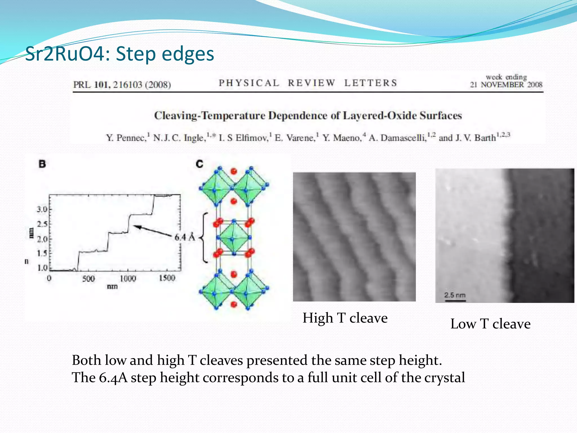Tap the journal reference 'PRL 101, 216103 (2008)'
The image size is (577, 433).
click(x=122, y=85)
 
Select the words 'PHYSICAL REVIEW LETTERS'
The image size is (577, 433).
click(x=308, y=83)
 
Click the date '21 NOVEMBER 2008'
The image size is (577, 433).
click(x=506, y=85)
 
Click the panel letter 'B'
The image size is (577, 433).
click(x=42, y=164)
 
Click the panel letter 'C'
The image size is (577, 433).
click(x=199, y=164)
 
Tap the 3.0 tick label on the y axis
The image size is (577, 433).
click(x=42, y=209)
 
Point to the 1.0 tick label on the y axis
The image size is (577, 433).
click(x=43, y=268)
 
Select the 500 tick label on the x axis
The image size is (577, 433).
click(x=88, y=279)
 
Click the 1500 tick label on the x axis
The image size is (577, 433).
click(x=167, y=278)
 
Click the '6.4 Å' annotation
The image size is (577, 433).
click(x=185, y=237)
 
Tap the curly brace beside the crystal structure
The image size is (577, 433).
click(x=204, y=238)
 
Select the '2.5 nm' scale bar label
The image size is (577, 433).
click(x=455, y=295)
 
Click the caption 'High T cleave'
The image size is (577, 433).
click(x=345, y=318)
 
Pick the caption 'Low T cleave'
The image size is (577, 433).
click(x=490, y=324)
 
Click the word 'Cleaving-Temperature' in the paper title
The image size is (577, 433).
click(x=210, y=116)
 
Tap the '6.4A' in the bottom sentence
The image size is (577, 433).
click(x=113, y=378)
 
